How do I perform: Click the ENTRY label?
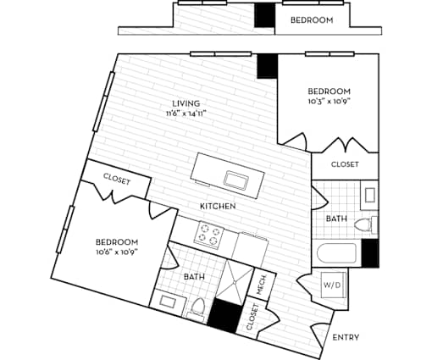point(346,337)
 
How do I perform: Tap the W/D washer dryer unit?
point(334,285)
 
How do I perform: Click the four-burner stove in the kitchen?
point(209,235)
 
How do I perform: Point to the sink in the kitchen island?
point(236,180)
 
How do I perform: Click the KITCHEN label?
point(218,206)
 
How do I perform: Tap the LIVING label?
point(187,103)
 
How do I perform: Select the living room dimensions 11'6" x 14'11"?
point(186,114)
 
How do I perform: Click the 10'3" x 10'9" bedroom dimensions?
point(329,101)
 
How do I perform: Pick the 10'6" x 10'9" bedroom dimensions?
point(117,252)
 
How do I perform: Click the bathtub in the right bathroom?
point(336,253)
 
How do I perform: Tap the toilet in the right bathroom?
point(366,225)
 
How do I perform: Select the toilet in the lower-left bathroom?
point(198,308)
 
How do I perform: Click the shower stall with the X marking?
point(235,281)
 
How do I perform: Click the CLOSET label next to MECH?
point(252,317)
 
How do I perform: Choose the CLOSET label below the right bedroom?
point(345,164)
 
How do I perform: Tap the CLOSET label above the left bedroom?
point(117,180)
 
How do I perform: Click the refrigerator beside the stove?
point(250,249)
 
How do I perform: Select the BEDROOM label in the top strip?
point(312,20)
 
